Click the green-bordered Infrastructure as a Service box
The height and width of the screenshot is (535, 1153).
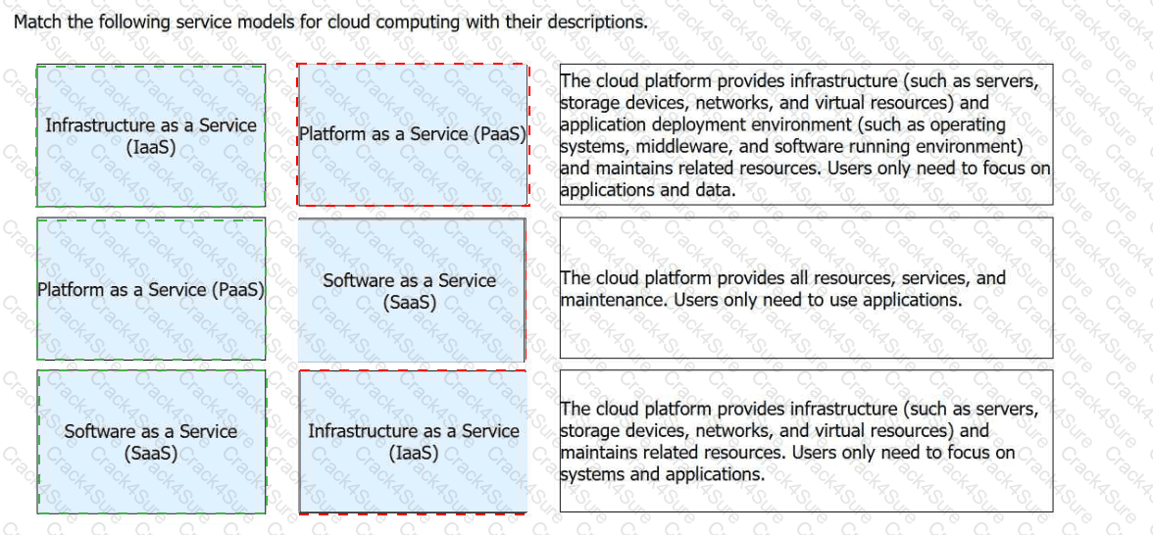tap(151, 135)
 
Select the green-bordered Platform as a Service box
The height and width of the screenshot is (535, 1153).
tap(151, 290)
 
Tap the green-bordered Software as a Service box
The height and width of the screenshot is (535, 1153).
tap(151, 442)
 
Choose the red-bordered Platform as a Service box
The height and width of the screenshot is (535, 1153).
tap(412, 134)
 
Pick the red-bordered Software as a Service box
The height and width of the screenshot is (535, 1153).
tap(410, 290)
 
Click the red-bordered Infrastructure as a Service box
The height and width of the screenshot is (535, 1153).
tap(413, 442)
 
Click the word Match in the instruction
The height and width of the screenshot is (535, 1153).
tap(36, 22)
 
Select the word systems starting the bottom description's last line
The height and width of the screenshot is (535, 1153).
tap(593, 474)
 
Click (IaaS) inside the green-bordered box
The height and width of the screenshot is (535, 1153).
tap(151, 147)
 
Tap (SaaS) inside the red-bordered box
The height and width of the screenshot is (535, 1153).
tap(410, 303)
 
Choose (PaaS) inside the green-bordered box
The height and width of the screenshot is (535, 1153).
tap(238, 290)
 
